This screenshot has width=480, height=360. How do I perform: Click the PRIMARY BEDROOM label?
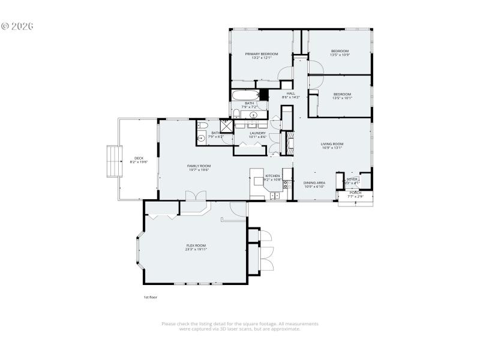(261, 53)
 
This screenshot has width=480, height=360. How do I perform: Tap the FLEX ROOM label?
(196, 245)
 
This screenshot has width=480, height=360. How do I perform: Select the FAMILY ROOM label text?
(199, 166)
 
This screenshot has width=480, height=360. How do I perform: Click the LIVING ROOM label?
(331, 143)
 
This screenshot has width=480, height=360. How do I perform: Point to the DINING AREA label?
(314, 182)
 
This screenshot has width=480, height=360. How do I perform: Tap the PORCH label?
(355, 193)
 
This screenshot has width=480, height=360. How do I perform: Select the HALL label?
(290, 94)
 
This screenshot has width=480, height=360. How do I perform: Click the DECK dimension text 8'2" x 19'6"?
(139, 162)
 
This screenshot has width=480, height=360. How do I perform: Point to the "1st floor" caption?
(149, 297)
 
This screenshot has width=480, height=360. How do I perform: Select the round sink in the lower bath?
(201, 138)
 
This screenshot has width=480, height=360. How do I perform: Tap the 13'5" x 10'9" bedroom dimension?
(340, 55)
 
